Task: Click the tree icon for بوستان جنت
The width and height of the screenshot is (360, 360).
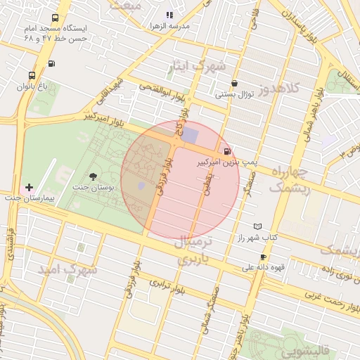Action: pos(94,176)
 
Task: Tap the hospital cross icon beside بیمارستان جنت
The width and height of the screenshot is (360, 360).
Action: pos(28,187)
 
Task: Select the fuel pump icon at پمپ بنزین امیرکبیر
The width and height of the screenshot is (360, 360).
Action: pos(226,150)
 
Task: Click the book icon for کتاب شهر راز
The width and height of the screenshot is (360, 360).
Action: pos(257,226)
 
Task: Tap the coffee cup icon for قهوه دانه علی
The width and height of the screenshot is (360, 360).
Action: pos(263,257)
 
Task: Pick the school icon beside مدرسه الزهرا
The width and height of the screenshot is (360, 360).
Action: pos(169,15)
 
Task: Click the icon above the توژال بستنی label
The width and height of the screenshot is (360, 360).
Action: pos(234,83)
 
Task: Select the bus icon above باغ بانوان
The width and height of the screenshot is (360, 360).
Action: pos(32,75)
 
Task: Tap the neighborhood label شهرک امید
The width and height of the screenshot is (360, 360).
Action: pos(67,269)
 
